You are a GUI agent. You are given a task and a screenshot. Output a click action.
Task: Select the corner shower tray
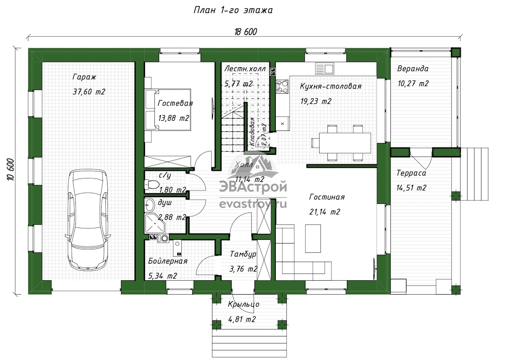[155, 223]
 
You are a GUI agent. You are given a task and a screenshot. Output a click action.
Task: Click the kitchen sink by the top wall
[324, 69]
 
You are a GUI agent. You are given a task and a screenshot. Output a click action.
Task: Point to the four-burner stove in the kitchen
[283, 87]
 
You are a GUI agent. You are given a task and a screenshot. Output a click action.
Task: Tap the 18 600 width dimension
[245, 32]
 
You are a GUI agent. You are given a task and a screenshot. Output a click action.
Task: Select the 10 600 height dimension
[11, 170]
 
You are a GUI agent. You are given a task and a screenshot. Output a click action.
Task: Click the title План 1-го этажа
[233, 10]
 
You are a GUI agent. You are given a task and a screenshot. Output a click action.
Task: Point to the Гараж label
[84, 77]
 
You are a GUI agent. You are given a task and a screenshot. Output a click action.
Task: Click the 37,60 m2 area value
[89, 92]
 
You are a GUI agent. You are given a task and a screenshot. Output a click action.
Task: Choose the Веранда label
[413, 68]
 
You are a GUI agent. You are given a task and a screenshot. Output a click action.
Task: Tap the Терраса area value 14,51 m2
[412, 188]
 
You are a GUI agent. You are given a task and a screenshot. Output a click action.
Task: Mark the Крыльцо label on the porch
[244, 304]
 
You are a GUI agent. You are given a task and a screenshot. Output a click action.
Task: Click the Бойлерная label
[168, 261]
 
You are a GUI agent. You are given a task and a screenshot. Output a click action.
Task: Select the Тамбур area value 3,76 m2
[243, 269]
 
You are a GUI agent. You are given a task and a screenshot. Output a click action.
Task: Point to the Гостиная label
[327, 197]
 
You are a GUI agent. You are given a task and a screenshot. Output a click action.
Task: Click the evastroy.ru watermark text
[253, 204]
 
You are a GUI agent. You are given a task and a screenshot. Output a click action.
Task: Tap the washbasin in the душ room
[149, 205]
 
